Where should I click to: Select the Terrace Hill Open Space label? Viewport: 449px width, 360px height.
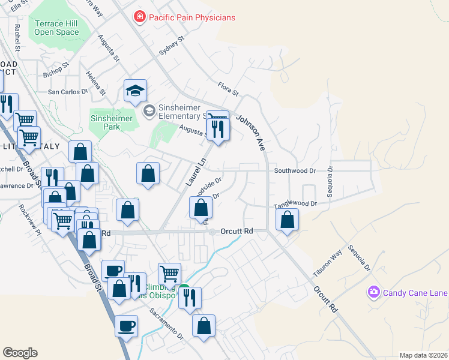point(57,28)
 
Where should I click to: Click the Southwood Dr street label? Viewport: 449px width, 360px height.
point(295,170)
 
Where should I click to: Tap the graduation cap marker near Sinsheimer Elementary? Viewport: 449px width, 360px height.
point(135,91)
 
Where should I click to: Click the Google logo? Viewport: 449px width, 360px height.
point(20,353)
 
